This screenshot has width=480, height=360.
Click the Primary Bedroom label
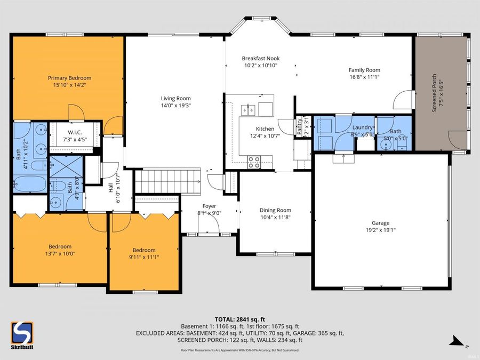pos(68,77)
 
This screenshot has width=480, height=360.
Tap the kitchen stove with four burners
pos(253,161)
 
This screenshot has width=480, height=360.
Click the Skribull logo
pos(22,335)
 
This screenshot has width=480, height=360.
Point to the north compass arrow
pos(455,339)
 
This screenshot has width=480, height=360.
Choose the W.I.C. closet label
pos(74,133)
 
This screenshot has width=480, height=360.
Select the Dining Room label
pos(275,210)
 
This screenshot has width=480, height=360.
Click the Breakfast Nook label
pos(261,59)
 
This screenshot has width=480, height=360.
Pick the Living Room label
pos(175,98)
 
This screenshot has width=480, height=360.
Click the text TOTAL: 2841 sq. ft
pos(240,318)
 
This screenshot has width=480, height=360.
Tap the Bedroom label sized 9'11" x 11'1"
pos(144,250)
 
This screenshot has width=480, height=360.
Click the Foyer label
pos(209,206)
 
